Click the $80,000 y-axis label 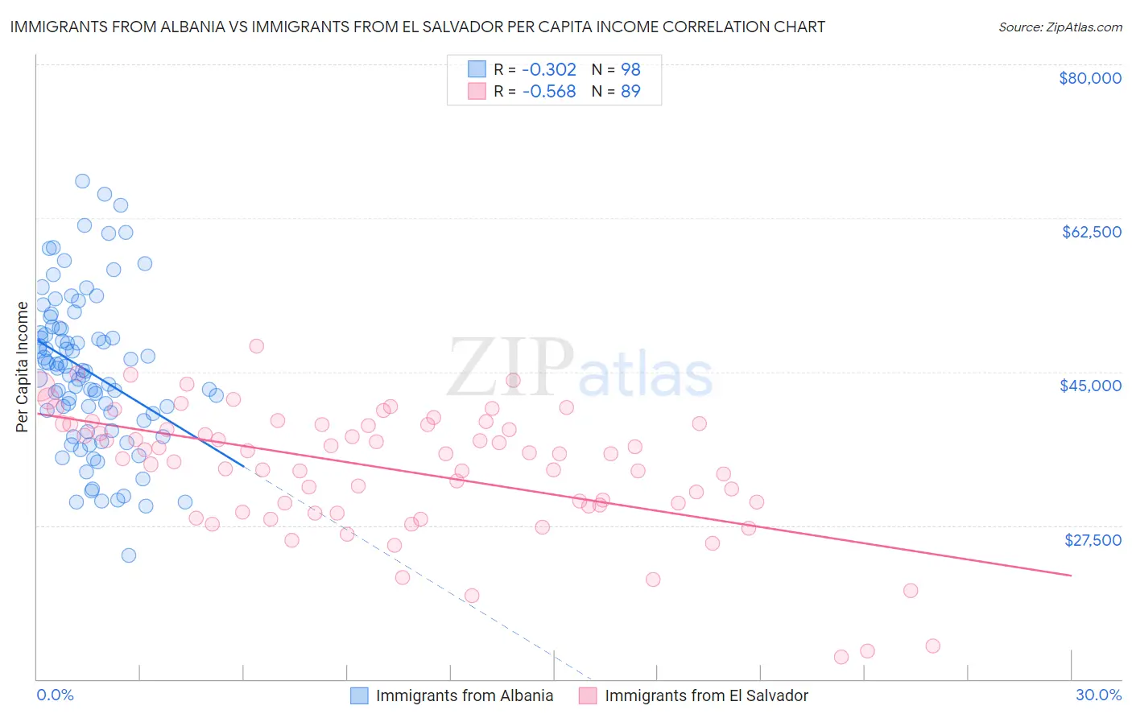[1090, 78]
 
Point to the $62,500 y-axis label [1092, 232]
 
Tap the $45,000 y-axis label [1090, 386]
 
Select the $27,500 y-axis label [1093, 540]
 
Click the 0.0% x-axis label [55, 695]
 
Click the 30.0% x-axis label [1098, 695]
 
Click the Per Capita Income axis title [23, 366]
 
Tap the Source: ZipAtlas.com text [1060, 27]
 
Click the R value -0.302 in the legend [549, 69]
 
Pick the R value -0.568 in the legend [549, 92]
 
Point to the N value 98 [630, 69]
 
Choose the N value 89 [630, 92]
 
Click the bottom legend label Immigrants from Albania [465, 695]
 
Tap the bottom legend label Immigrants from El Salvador [706, 695]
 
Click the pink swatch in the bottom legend [588, 695]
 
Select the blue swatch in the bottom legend [359, 695]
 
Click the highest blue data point [82, 181]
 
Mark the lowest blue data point [128, 555]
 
